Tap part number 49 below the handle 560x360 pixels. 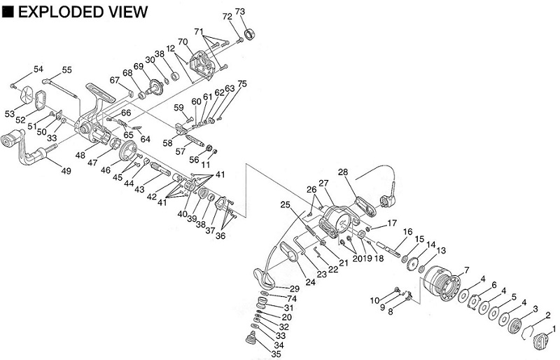point(66,171)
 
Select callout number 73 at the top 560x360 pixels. point(240,12)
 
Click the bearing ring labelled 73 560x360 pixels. point(250,34)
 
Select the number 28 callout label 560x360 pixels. point(343,172)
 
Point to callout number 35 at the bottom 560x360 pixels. point(276,354)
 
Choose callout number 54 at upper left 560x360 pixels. point(38,69)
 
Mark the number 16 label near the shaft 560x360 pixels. point(408,233)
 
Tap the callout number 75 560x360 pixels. point(242,84)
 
